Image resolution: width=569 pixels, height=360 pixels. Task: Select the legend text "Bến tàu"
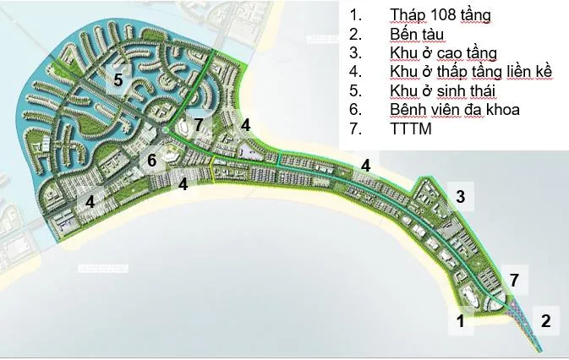pyautogui.click(x=419, y=34)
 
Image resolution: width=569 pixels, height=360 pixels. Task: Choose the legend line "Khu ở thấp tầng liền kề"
pyautogui.click(x=472, y=72)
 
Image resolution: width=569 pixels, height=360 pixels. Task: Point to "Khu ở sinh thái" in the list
pyautogui.click(x=442, y=90)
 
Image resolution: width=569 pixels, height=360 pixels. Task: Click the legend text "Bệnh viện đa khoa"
pyautogui.click(x=455, y=110)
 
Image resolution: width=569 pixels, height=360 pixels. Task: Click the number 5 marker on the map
pyautogui.click(x=119, y=80)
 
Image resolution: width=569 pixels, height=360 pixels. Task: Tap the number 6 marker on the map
pyautogui.click(x=151, y=160)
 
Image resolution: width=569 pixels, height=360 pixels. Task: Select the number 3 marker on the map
pyautogui.click(x=460, y=197)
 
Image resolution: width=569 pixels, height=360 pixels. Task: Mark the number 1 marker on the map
pyautogui.click(x=460, y=320)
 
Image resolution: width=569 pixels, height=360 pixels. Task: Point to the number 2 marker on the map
pyautogui.click(x=545, y=320)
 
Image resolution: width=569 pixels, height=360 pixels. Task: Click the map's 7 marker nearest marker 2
pyautogui.click(x=514, y=280)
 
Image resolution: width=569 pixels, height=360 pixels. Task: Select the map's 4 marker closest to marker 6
pyautogui.click(x=183, y=183)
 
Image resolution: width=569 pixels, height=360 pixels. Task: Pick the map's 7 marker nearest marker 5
pyautogui.click(x=198, y=126)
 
